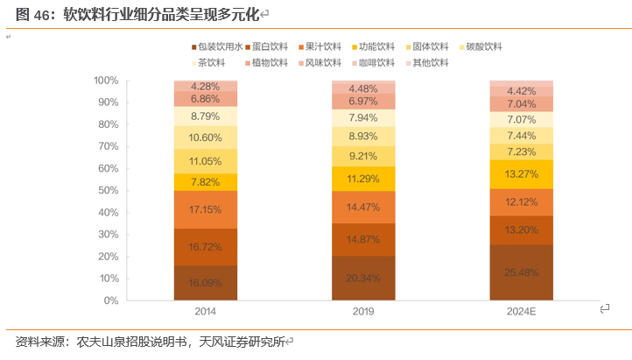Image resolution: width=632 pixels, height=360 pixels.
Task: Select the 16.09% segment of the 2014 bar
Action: coord(205,283)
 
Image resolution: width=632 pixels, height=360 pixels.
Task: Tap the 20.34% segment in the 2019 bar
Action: coord(362,279)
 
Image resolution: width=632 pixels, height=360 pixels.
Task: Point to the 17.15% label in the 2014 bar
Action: coord(205,210)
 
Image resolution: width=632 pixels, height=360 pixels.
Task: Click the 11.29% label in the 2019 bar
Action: coord(362,180)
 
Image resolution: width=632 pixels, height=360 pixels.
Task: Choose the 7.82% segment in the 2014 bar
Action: coord(205,182)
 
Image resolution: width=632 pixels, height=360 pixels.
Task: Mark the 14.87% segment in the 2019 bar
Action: coord(362,239)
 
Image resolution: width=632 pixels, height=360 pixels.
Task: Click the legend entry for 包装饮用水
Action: coord(217,46)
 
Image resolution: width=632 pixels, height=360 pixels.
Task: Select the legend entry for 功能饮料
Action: coord(376,46)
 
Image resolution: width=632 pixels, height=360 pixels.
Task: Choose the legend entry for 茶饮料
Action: coord(211,63)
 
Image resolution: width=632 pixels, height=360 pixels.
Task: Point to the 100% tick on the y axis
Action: coord(105,81)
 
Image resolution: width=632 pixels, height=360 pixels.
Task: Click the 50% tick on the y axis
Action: coord(108,190)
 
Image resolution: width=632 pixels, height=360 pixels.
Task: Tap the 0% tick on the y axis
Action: coord(110,300)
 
